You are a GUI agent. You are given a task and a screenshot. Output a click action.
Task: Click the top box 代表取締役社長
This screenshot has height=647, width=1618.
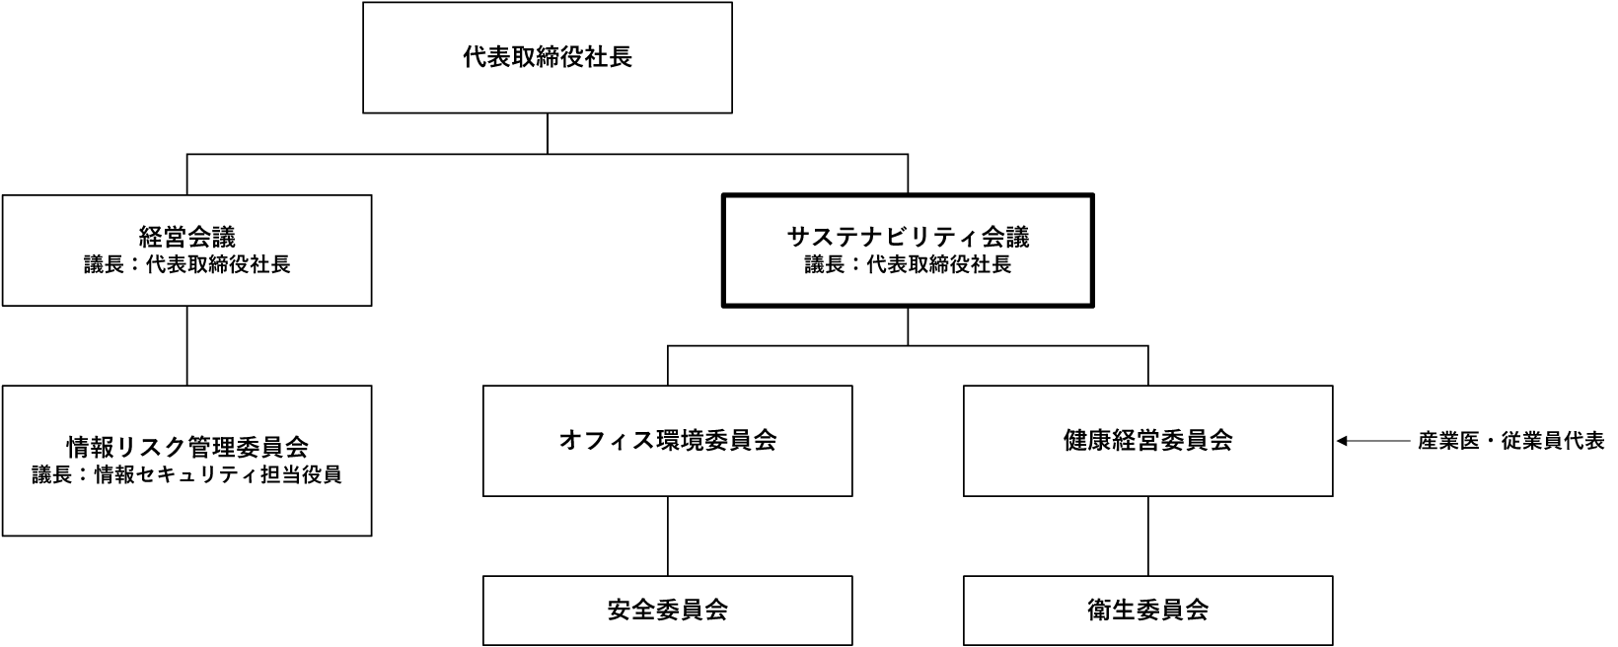(548, 57)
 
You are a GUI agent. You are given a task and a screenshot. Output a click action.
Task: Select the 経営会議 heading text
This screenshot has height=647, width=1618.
(187, 237)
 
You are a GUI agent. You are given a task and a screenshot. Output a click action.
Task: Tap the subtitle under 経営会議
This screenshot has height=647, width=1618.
(187, 265)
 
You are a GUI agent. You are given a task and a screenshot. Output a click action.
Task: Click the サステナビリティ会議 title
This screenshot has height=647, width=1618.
(908, 237)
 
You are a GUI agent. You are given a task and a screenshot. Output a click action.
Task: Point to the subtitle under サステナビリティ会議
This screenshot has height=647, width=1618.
(908, 265)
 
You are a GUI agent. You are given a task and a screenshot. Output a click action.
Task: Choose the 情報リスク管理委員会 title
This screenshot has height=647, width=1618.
(187, 447)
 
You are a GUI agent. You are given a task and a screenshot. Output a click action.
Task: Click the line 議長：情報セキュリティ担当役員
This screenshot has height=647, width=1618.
(187, 475)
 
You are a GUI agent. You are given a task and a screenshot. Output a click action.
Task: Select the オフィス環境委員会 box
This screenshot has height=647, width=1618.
(667, 441)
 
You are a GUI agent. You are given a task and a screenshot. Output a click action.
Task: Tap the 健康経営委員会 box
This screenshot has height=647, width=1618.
(1147, 441)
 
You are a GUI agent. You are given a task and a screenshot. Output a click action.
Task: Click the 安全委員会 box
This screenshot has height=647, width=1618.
(667, 611)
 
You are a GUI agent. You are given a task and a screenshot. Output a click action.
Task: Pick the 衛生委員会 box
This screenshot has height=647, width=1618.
(1147, 611)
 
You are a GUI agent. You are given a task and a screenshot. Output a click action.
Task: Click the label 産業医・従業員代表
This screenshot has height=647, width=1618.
(1511, 441)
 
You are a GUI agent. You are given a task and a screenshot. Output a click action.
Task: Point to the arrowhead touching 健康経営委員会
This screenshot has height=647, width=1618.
(1342, 441)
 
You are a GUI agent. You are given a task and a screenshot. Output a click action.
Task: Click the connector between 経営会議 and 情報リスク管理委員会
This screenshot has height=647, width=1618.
(187, 345)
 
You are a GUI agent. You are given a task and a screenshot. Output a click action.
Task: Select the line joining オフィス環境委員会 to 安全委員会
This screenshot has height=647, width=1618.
(667, 536)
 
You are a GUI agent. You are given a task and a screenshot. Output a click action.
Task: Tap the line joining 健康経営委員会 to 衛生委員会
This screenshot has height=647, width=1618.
(1147, 536)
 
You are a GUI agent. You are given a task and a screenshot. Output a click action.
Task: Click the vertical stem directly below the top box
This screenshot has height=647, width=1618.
(548, 133)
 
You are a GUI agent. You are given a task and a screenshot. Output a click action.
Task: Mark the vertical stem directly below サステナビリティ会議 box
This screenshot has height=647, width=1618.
(908, 327)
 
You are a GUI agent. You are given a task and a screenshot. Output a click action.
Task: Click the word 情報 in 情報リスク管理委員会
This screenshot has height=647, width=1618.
(91, 447)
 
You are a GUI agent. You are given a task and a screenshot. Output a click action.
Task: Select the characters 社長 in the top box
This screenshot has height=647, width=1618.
(608, 57)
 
